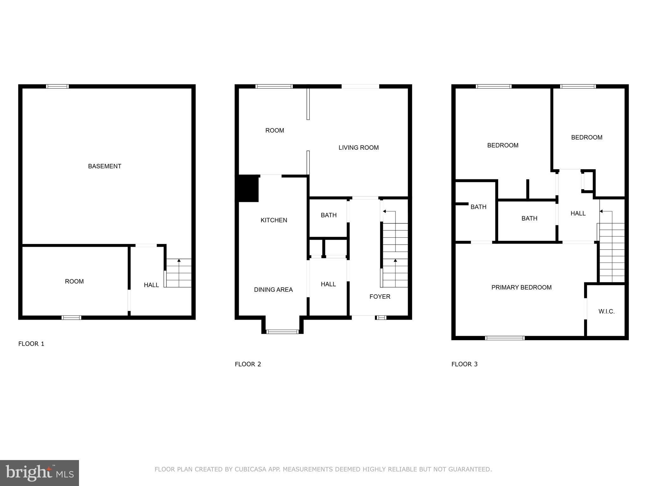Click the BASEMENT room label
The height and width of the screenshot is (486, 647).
[105, 166]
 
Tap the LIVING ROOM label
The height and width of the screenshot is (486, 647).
[358, 147]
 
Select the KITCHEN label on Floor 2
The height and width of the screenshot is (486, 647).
[274, 220]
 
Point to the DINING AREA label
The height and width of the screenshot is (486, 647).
[273, 290]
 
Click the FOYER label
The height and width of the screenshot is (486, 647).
[380, 296]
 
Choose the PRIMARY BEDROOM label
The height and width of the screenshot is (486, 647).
[521, 287]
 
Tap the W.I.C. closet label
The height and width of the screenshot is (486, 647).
[606, 311]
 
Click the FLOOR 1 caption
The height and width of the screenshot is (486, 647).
[31, 344]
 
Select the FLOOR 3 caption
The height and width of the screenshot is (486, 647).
[464, 364]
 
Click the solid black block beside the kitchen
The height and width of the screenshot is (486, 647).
[248, 188]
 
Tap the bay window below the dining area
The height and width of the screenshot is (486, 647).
[282, 332]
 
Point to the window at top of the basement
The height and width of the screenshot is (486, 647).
[57, 86]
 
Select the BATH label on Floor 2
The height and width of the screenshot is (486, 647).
[329, 215]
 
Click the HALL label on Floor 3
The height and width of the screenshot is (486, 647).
[578, 213]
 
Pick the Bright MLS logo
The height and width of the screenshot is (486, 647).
[39, 473]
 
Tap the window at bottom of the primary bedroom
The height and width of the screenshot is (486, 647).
[505, 338]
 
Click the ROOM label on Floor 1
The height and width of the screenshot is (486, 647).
[74, 281]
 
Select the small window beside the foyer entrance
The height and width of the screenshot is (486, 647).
[381, 317]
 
